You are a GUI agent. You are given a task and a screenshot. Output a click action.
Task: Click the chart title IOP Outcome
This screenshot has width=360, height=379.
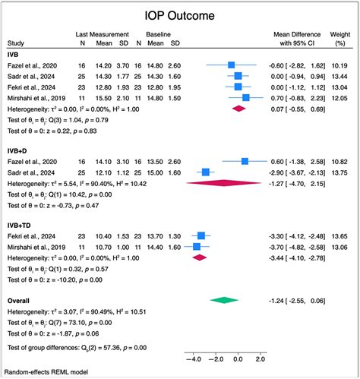(180, 16)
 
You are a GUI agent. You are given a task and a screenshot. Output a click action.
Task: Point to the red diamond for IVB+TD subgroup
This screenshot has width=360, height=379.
(200, 257)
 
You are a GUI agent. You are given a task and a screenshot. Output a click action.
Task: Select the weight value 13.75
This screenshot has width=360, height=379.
(339, 172)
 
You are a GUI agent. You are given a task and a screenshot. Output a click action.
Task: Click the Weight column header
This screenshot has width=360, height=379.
(339, 35)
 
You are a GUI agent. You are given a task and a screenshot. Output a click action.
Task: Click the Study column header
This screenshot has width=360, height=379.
(16, 44)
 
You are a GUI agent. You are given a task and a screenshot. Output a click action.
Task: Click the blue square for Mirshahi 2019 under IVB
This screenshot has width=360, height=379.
(245, 97)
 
